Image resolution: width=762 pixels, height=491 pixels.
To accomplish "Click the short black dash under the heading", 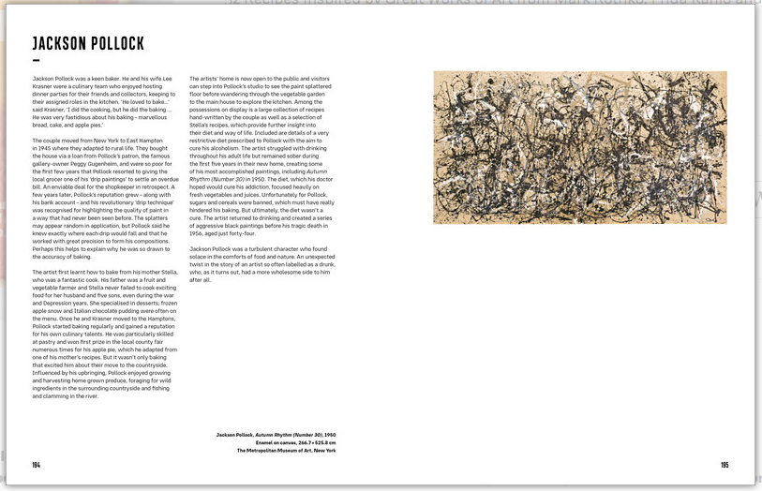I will (36, 61).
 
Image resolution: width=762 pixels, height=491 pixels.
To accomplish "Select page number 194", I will (36, 465).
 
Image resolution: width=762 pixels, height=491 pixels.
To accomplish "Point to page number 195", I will (725, 465).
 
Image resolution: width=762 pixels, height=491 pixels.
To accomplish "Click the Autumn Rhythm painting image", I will (579, 147).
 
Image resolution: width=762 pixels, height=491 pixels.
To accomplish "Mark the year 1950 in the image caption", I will (330, 436).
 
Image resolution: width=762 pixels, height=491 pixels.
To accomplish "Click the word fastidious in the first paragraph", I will (77, 115).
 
